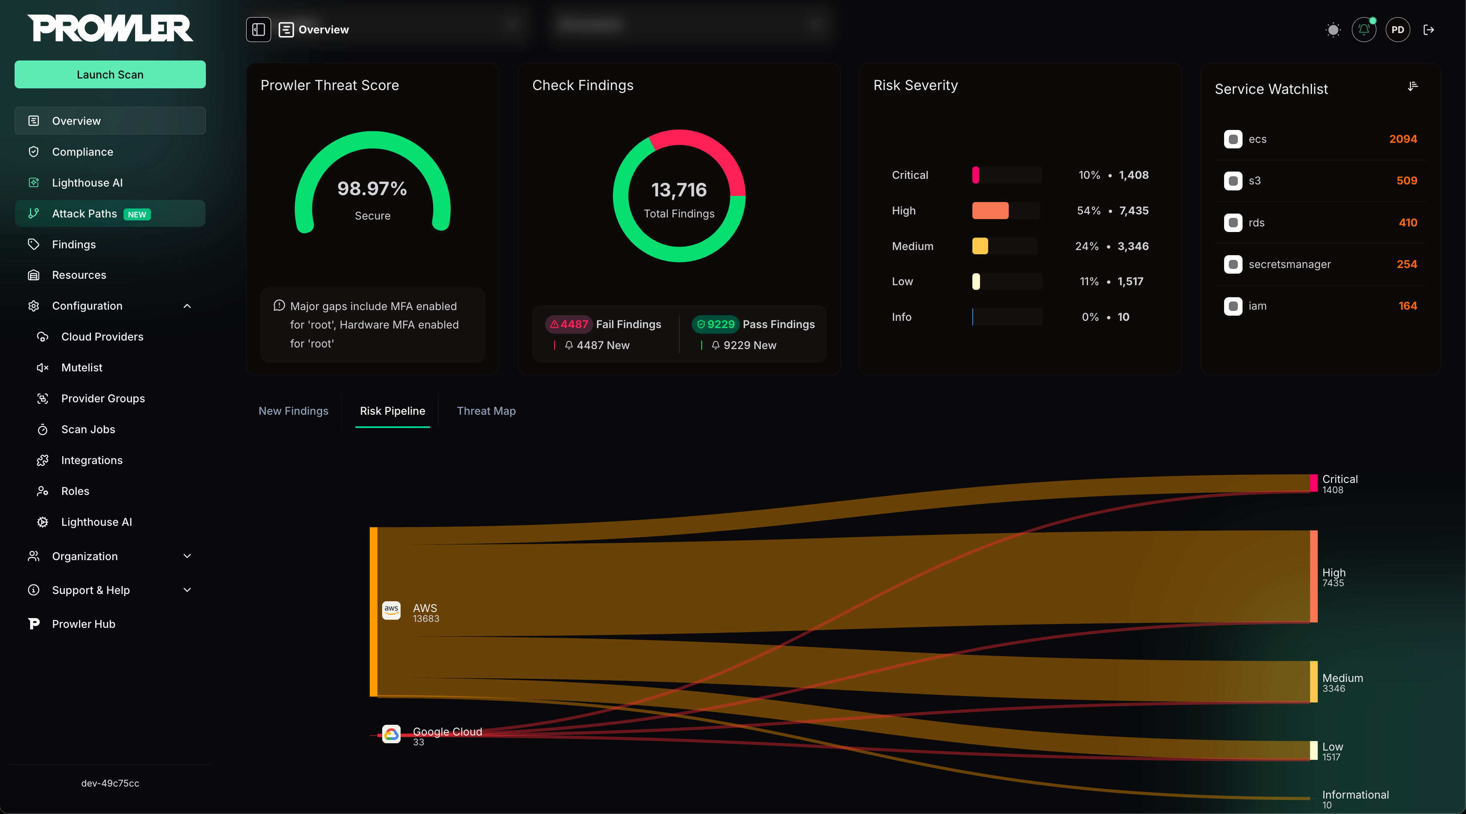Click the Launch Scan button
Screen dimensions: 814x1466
click(x=110, y=75)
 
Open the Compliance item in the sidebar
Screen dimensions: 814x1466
click(x=82, y=152)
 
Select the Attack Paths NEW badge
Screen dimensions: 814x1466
click(x=136, y=214)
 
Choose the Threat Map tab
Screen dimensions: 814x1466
click(x=486, y=411)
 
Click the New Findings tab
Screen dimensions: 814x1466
click(x=293, y=411)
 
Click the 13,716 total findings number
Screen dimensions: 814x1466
click(x=679, y=190)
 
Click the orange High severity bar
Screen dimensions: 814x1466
click(x=990, y=211)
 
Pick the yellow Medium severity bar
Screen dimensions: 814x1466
click(x=980, y=246)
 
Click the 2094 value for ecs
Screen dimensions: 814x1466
click(x=1403, y=139)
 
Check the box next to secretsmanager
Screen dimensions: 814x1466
click(x=1233, y=264)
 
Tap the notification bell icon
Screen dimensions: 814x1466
click(x=1363, y=30)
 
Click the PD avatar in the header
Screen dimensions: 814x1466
click(x=1398, y=30)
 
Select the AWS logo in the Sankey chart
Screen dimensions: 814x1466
click(x=391, y=611)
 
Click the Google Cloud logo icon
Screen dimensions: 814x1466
click(x=391, y=734)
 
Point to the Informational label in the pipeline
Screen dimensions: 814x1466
click(x=1355, y=795)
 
